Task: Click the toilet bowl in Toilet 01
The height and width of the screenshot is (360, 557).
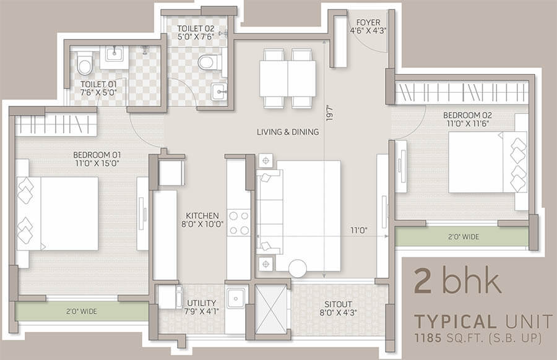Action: pos(85,63)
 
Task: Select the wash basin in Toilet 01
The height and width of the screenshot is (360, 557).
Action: pos(114,57)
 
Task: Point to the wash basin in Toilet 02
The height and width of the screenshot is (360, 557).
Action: pos(219,92)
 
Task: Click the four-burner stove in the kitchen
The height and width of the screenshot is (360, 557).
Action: pos(239,223)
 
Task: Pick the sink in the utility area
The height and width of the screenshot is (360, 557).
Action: pos(236,298)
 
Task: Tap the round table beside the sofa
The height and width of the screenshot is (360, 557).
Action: pos(298,268)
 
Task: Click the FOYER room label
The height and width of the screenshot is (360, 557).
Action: pos(368,23)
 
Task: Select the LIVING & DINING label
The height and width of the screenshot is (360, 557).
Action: pos(288,132)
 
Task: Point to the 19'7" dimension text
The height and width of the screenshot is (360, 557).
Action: pos(330,113)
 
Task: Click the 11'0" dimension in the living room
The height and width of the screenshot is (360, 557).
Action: pos(359,231)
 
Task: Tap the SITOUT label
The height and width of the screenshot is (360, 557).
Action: pos(338,304)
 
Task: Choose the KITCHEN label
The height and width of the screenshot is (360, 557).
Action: pos(202,216)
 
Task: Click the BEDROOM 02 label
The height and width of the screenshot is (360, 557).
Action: pos(467,116)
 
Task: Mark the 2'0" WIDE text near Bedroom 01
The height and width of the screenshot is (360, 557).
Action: pos(81,311)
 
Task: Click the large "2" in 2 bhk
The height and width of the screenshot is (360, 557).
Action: pos(423,282)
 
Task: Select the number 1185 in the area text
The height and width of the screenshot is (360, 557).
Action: pos(428,338)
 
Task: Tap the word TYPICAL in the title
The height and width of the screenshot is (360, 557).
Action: pos(456,322)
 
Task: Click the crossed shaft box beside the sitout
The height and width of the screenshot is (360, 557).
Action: pos(270,309)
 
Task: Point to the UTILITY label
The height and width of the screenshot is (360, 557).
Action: pos(201,303)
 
